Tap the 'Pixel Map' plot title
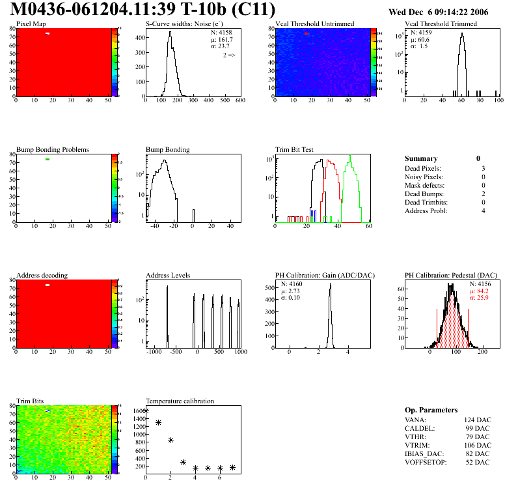tap(31, 24)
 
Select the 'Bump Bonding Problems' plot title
tap(53, 150)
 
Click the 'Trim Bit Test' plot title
tap(295, 150)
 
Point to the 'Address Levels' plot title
tap(168, 276)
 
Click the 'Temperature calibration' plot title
tap(180, 401)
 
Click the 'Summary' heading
tap(421, 158)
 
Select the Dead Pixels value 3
tap(482, 169)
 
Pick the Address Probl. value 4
tap(482, 211)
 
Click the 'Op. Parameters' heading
tap(431, 410)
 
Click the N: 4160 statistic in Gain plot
tap(292, 285)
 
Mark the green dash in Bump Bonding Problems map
tap(48, 159)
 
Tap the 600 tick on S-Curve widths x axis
tap(239, 101)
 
